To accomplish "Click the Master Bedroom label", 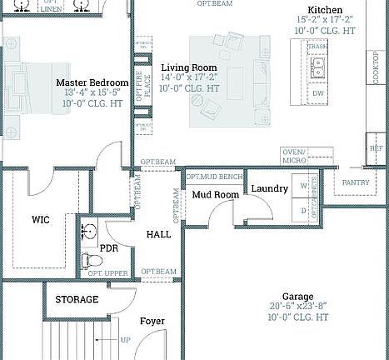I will (x=92, y=82).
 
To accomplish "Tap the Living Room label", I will (x=189, y=67).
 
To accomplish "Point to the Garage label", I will (x=297, y=296).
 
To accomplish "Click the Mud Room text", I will (x=216, y=195).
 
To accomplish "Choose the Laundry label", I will (x=269, y=189).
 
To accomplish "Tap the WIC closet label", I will (x=41, y=220).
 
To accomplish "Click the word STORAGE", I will (x=77, y=299).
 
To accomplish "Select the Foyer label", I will (x=152, y=321).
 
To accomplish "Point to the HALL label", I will (x=158, y=234).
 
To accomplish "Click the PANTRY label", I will (x=356, y=182).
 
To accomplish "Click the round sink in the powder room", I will (x=90, y=230).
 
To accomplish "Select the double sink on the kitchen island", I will (x=318, y=71).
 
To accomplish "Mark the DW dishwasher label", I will (x=318, y=93).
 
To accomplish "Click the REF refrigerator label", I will (x=377, y=147).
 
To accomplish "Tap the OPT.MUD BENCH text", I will (x=214, y=177).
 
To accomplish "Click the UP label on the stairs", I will (x=126, y=340).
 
